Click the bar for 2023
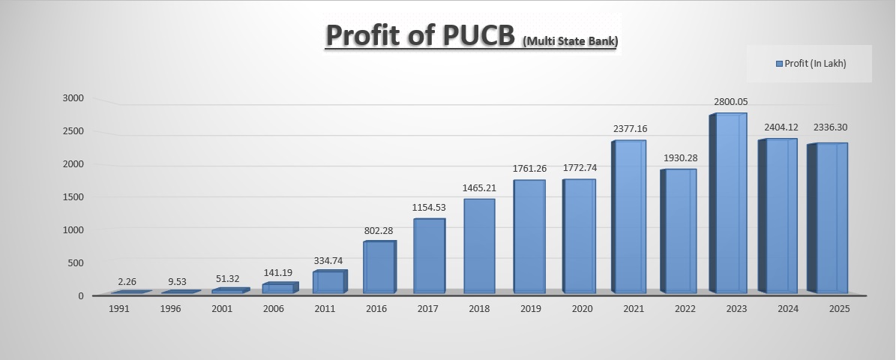click(731, 203)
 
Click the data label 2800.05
click(730, 102)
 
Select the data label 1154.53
click(429, 207)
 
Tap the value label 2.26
click(127, 282)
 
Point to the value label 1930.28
click(680, 157)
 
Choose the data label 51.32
click(227, 279)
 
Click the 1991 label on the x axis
click(120, 308)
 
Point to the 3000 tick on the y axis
click(73, 98)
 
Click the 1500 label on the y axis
click(73, 197)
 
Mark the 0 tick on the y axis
click(80, 295)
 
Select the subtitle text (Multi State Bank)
click(570, 42)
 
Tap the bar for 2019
click(529, 236)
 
